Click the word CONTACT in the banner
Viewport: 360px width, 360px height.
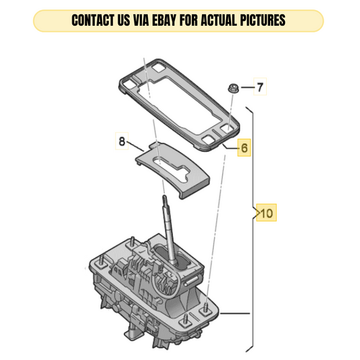[x=93, y=20]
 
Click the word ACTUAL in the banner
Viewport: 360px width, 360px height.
[x=219, y=20]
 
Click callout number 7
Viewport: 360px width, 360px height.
[x=260, y=87]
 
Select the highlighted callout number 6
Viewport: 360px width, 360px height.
[x=245, y=148]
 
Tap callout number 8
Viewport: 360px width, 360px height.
[x=122, y=141]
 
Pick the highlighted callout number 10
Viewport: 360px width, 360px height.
[x=267, y=213]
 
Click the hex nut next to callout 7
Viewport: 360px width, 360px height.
[x=233, y=88]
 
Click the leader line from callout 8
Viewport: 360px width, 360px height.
[x=135, y=147]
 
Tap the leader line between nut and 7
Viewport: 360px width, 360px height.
[x=248, y=88]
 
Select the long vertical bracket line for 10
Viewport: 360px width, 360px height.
[x=253, y=232]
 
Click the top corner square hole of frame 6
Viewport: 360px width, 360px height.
[x=158, y=68]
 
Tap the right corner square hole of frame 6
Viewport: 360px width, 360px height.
[x=228, y=128]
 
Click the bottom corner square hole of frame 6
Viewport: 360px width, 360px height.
[x=209, y=139]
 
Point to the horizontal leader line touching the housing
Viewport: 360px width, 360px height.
[x=234, y=313]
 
